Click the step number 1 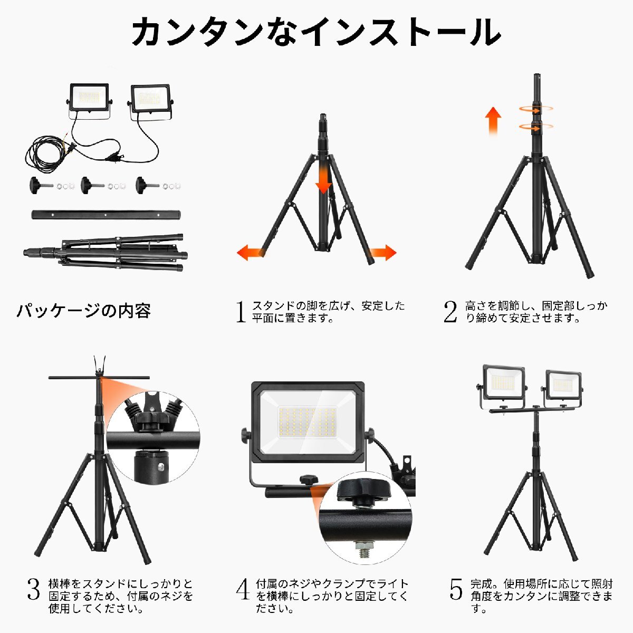tap(241, 311)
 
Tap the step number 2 tap(450, 311)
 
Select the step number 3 tap(33, 589)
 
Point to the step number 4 tap(243, 589)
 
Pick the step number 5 tap(456, 589)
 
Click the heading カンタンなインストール tap(316, 32)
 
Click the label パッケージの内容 tap(84, 311)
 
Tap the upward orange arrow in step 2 tap(493, 121)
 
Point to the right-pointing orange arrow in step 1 tap(383, 252)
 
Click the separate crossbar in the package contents tap(106, 215)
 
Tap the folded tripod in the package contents tap(105, 253)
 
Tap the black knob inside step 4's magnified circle tap(363, 492)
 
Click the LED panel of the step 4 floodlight tap(308, 423)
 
